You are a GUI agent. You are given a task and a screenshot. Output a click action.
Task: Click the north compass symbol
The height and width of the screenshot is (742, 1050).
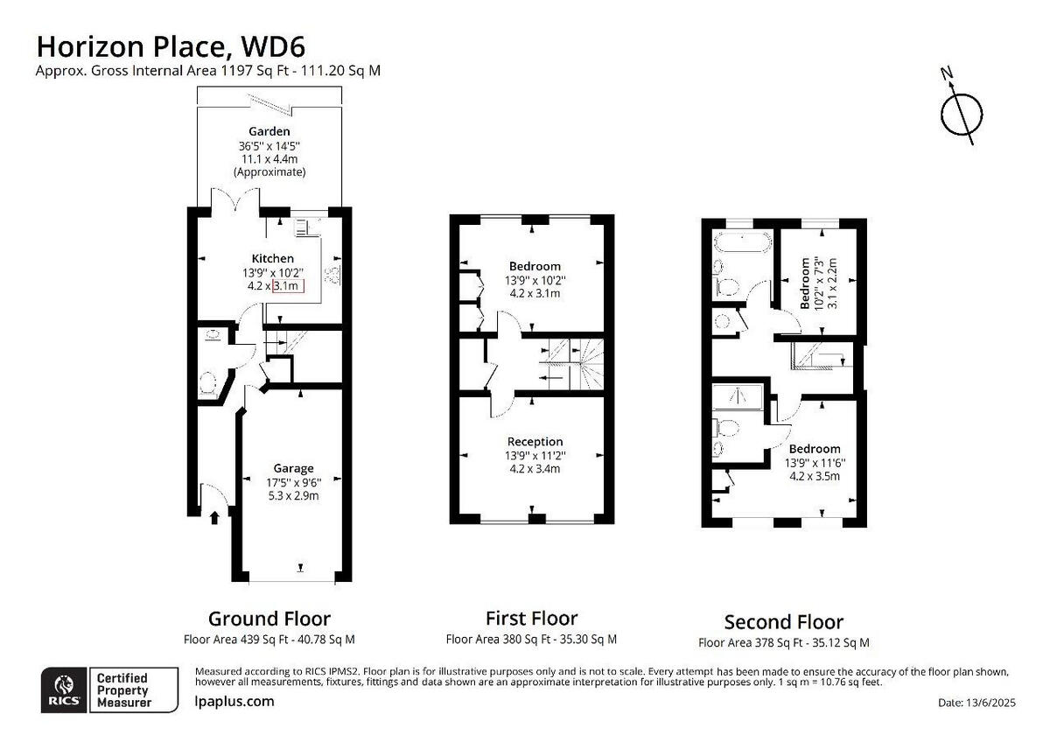(962, 113)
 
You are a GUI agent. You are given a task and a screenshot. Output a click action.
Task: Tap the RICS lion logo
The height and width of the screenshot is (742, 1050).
(64, 689)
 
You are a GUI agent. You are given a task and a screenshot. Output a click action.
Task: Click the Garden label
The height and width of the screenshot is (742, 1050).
(269, 131)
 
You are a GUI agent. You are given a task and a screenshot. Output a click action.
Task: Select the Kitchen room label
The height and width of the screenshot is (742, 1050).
(273, 258)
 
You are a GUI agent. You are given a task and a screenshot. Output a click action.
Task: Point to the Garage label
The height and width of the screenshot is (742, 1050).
(293, 468)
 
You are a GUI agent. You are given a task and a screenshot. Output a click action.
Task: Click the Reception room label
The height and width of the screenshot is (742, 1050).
(535, 441)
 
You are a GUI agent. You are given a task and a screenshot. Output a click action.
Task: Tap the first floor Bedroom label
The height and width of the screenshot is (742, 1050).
(535, 266)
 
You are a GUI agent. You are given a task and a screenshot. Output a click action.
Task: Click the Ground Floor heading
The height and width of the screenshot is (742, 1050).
(269, 619)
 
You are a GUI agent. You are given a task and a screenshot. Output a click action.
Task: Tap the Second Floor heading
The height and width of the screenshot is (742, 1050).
(783, 622)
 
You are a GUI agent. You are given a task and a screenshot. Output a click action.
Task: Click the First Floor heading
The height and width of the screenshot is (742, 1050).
(531, 619)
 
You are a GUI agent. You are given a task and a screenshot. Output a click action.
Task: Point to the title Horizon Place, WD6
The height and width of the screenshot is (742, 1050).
(170, 45)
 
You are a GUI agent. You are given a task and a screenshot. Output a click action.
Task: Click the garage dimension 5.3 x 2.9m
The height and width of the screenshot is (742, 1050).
(293, 495)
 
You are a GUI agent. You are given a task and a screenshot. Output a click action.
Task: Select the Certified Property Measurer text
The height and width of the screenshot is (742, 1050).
(123, 689)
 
